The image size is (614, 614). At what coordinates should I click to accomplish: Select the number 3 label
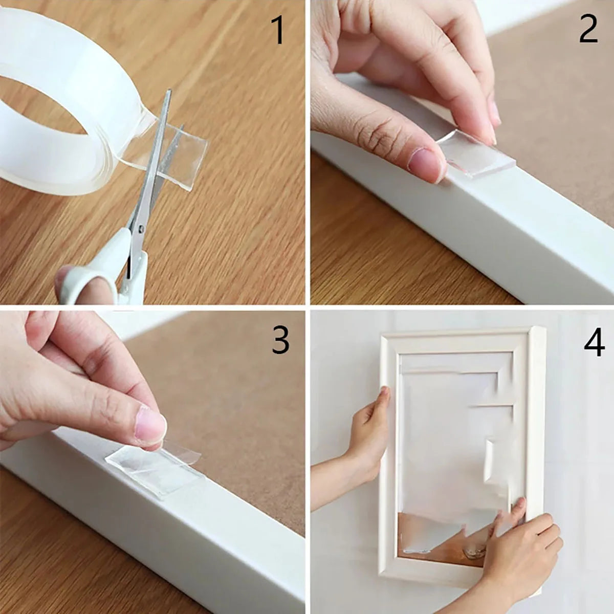point(280,340)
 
